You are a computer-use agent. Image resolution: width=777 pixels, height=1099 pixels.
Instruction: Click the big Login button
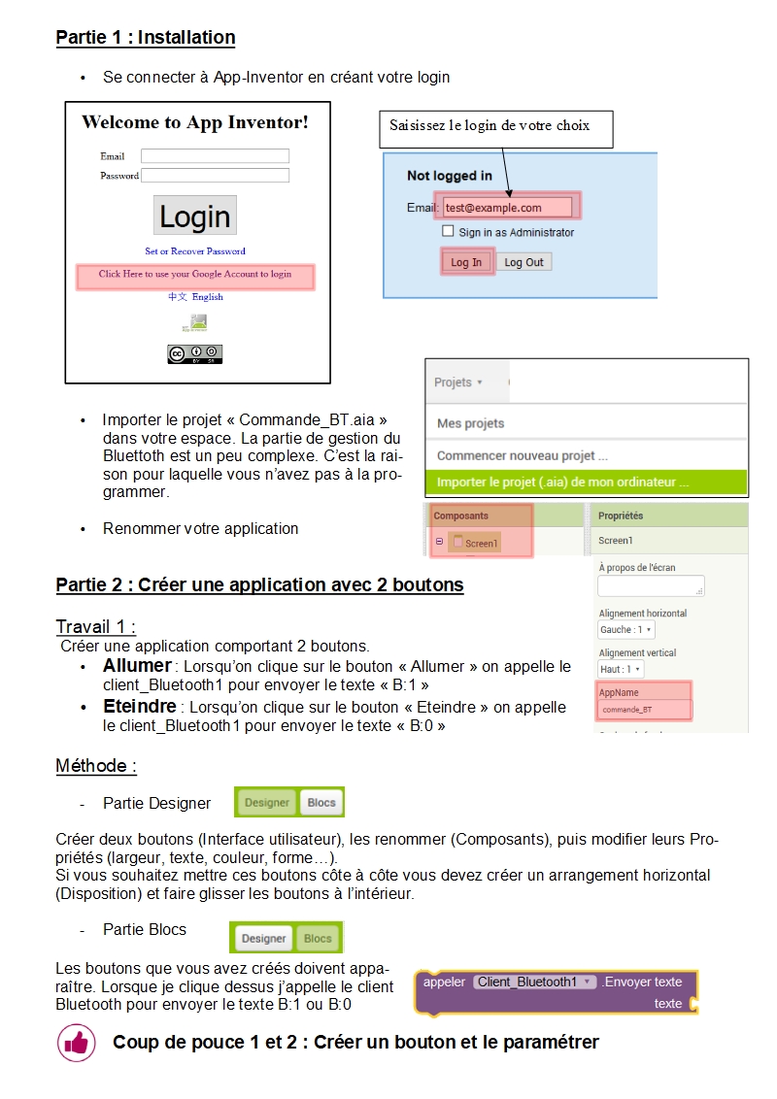pos(194,216)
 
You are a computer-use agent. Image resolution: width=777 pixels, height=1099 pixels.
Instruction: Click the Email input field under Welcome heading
pos(215,156)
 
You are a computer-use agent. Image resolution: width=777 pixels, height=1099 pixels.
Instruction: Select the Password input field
pos(215,176)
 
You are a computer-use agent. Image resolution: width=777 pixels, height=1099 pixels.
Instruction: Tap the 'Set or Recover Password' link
pos(195,251)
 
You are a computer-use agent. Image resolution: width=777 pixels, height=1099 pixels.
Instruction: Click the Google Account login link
pos(195,275)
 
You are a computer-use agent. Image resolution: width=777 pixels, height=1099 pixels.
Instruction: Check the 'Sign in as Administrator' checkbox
pos(448,232)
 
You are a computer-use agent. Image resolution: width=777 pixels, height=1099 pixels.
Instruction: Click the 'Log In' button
pos(466,262)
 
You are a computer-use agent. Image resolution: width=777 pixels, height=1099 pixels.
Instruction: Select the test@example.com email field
pos(506,207)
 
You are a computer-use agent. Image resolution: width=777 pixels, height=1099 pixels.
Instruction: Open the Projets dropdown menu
pos(458,383)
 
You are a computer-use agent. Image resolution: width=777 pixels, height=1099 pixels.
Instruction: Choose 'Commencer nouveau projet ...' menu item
pos(523,455)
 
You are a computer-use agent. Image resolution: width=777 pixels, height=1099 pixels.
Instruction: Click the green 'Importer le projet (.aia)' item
pos(563,482)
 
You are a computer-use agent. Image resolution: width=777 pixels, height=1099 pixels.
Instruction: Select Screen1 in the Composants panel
pos(481,543)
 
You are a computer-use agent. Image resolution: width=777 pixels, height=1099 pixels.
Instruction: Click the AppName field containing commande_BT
pos(644,710)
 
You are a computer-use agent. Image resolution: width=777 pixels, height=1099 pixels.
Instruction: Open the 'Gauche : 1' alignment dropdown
pos(625,630)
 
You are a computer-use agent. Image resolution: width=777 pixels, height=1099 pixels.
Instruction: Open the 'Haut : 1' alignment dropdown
pos(621,669)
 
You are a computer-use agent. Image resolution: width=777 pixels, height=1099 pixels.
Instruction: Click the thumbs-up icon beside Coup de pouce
pos(76,1043)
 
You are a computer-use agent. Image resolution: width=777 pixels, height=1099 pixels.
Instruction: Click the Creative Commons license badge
pos(195,354)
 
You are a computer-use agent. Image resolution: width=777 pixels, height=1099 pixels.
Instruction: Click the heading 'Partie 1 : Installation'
pos(146,38)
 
